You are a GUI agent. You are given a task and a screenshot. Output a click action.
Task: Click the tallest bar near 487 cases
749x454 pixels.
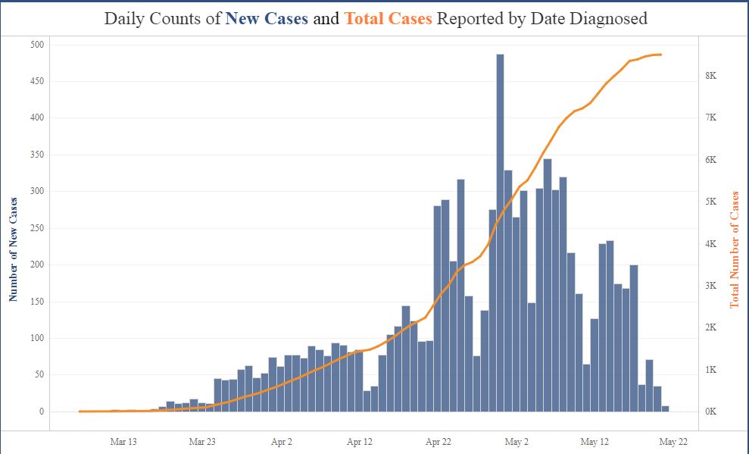(500, 227)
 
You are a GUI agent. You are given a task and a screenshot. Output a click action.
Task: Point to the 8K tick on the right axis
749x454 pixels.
(711, 76)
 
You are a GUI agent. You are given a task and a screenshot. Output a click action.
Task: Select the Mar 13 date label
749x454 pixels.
(123, 441)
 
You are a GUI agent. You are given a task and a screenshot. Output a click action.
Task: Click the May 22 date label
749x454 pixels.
(673, 441)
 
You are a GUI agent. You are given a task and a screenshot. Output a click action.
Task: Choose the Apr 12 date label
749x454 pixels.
(360, 441)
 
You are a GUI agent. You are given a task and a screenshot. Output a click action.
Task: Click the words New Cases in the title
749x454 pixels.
(267, 19)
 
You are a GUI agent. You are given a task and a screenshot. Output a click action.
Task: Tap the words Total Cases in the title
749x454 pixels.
(388, 19)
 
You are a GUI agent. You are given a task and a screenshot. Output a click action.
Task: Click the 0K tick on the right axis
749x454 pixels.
(711, 412)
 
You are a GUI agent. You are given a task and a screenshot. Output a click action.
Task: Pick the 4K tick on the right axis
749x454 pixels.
(711, 244)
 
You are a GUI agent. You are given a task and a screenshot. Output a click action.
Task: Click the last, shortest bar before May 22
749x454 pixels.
(666, 409)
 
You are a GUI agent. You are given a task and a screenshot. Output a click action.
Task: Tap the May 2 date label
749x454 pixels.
(516, 441)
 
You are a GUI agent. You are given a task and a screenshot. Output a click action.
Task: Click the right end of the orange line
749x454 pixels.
(661, 55)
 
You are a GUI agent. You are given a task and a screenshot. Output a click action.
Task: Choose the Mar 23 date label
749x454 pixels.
(202, 441)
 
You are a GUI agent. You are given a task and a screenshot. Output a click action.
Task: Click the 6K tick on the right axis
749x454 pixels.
(711, 160)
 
